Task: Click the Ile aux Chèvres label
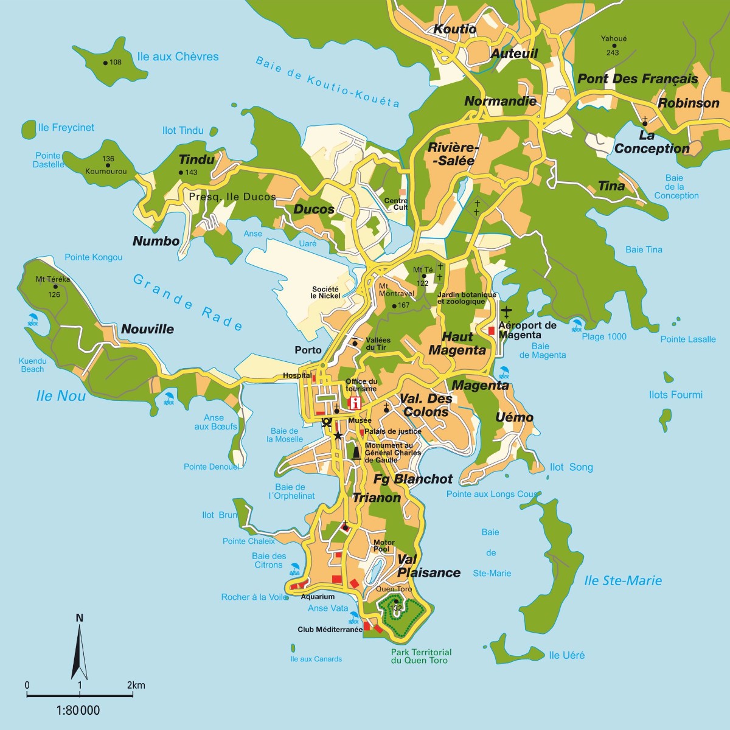[x=178, y=57]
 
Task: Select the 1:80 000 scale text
[x=78, y=710]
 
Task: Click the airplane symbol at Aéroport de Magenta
[x=507, y=312]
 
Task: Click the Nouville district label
[x=147, y=329]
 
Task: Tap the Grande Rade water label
[x=187, y=302]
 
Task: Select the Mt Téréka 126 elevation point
[x=55, y=287]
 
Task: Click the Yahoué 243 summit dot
[x=614, y=46]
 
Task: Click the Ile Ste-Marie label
[x=623, y=580]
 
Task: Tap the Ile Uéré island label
[x=566, y=655]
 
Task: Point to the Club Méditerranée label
[x=330, y=630]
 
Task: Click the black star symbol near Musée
[x=338, y=436]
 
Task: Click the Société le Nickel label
[x=325, y=293]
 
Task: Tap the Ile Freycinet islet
[x=29, y=128]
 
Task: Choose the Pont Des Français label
[x=638, y=78]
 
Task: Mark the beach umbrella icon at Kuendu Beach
[x=32, y=319]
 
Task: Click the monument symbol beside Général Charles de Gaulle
[x=356, y=453]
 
